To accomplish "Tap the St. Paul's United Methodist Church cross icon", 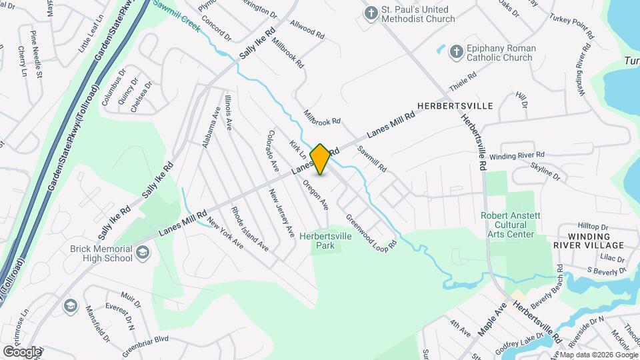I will click(371, 13).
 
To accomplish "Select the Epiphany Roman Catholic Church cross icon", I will click(456, 51).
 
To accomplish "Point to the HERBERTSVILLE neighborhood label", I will click(455, 106).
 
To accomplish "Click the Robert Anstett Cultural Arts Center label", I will click(508, 225).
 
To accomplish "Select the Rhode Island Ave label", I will click(249, 229).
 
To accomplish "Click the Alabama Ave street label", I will click(211, 127).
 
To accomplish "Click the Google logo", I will click(21, 352).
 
